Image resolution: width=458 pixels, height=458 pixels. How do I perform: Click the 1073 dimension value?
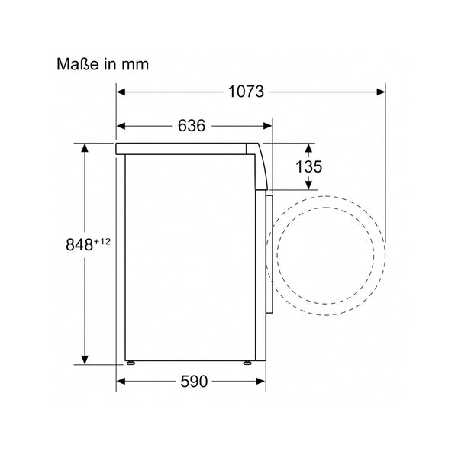[246, 92]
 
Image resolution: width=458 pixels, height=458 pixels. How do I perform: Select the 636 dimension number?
[192, 126]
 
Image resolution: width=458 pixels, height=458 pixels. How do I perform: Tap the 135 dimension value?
[308, 166]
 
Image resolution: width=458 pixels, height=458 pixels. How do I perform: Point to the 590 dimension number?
[194, 382]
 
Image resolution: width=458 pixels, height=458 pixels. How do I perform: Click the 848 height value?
[79, 245]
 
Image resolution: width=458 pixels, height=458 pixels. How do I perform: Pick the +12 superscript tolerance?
[102, 242]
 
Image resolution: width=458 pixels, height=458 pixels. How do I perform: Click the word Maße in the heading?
[78, 64]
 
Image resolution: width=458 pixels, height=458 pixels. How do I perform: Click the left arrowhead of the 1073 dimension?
[121, 92]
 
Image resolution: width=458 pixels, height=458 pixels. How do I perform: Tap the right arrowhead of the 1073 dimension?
[381, 92]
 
